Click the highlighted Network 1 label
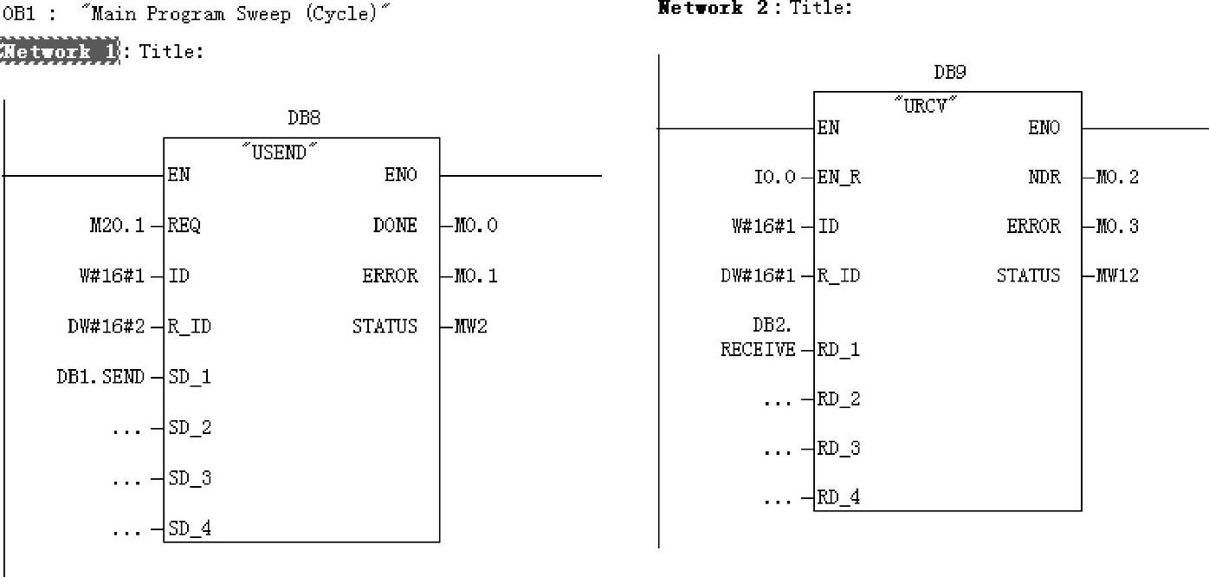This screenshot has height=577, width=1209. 59,51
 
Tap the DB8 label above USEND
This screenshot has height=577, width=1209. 303,118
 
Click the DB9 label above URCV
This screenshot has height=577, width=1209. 948,73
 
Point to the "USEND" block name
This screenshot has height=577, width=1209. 279,152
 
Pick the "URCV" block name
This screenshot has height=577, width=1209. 926,107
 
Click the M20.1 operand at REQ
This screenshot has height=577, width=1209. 117,225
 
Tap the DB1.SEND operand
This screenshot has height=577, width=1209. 100,377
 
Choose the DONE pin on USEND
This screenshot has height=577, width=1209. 395,225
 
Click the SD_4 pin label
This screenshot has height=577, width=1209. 190,528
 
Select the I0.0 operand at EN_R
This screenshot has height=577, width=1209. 774,177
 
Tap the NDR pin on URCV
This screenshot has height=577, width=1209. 1044,177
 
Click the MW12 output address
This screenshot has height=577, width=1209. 1117,276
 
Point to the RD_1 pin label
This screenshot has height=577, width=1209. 838,350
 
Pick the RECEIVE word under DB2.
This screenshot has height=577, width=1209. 758,350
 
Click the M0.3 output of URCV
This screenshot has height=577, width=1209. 1117,226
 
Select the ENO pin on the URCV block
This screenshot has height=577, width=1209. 1044,128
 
